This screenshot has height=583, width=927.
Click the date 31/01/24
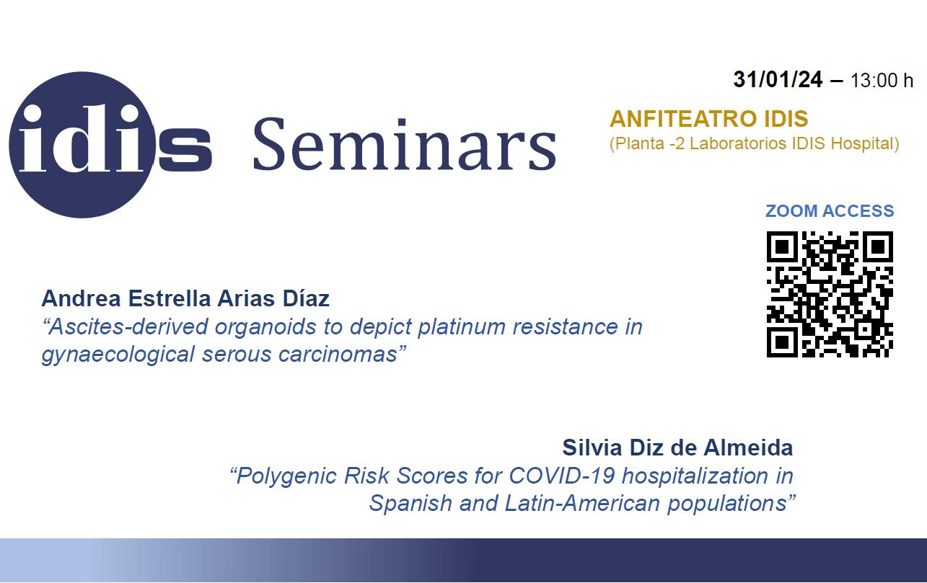click(778, 79)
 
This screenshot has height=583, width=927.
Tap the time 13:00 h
click(882, 80)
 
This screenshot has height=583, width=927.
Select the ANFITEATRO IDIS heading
click(709, 119)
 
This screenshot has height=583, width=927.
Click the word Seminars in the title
click(404, 144)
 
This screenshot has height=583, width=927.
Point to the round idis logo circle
click(82, 145)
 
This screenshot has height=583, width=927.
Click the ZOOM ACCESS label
click(830, 211)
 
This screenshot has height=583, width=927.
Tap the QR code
click(830, 295)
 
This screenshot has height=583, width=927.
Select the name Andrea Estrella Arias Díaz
click(185, 298)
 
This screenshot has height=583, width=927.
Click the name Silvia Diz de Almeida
click(677, 448)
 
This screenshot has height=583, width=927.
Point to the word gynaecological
click(118, 355)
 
